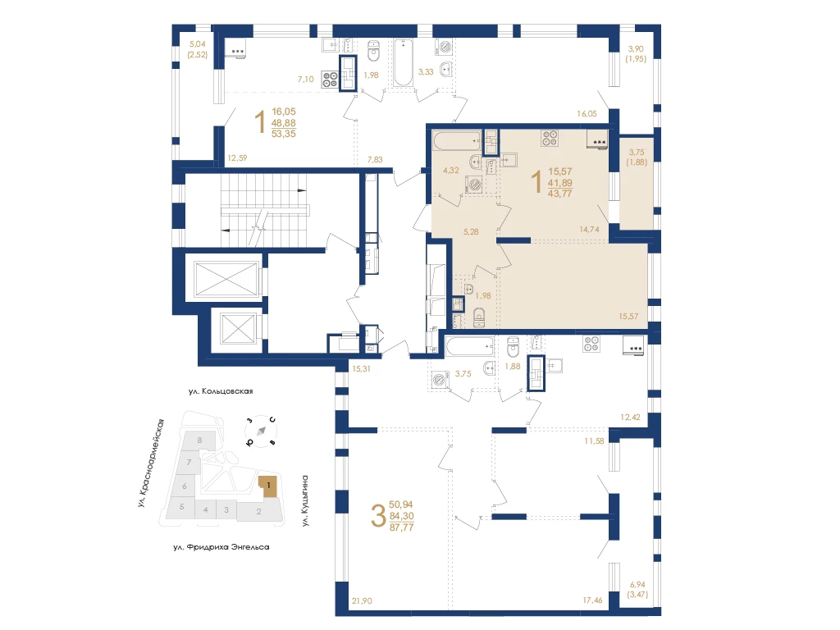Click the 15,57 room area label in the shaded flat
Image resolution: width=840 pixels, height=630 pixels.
pyautogui.click(x=628, y=316)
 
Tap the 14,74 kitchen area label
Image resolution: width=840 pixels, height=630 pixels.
pyautogui.click(x=589, y=230)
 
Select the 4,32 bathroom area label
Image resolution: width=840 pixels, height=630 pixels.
pyautogui.click(x=450, y=171)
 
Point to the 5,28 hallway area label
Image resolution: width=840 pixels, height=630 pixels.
pyautogui.click(x=471, y=232)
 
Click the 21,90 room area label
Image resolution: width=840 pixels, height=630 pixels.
pyautogui.click(x=362, y=601)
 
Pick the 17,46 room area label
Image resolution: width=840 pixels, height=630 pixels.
pyautogui.click(x=592, y=600)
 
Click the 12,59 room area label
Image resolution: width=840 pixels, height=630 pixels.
pyautogui.click(x=237, y=158)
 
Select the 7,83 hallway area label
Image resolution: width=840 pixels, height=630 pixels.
pyautogui.click(x=375, y=159)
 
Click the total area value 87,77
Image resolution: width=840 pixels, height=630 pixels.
pyautogui.click(x=401, y=527)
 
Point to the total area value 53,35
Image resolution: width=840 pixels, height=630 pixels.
pyautogui.click(x=283, y=134)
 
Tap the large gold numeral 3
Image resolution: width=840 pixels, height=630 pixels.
pyautogui.click(x=378, y=517)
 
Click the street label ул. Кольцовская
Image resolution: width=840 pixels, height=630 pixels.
pyautogui.click(x=221, y=391)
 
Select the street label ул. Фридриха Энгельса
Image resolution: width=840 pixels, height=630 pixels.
pyautogui.click(x=221, y=547)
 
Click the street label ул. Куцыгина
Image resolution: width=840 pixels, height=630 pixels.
pyautogui.click(x=305, y=500)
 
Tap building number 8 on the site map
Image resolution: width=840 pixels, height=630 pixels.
pyautogui.click(x=200, y=441)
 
